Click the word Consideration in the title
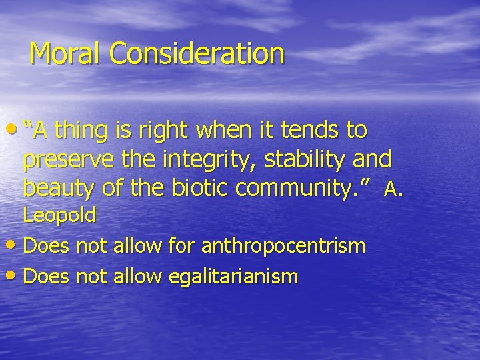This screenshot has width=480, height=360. [197, 53]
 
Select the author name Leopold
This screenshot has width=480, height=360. [60, 215]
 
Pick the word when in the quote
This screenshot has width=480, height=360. [229, 131]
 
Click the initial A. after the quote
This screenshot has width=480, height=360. [393, 191]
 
